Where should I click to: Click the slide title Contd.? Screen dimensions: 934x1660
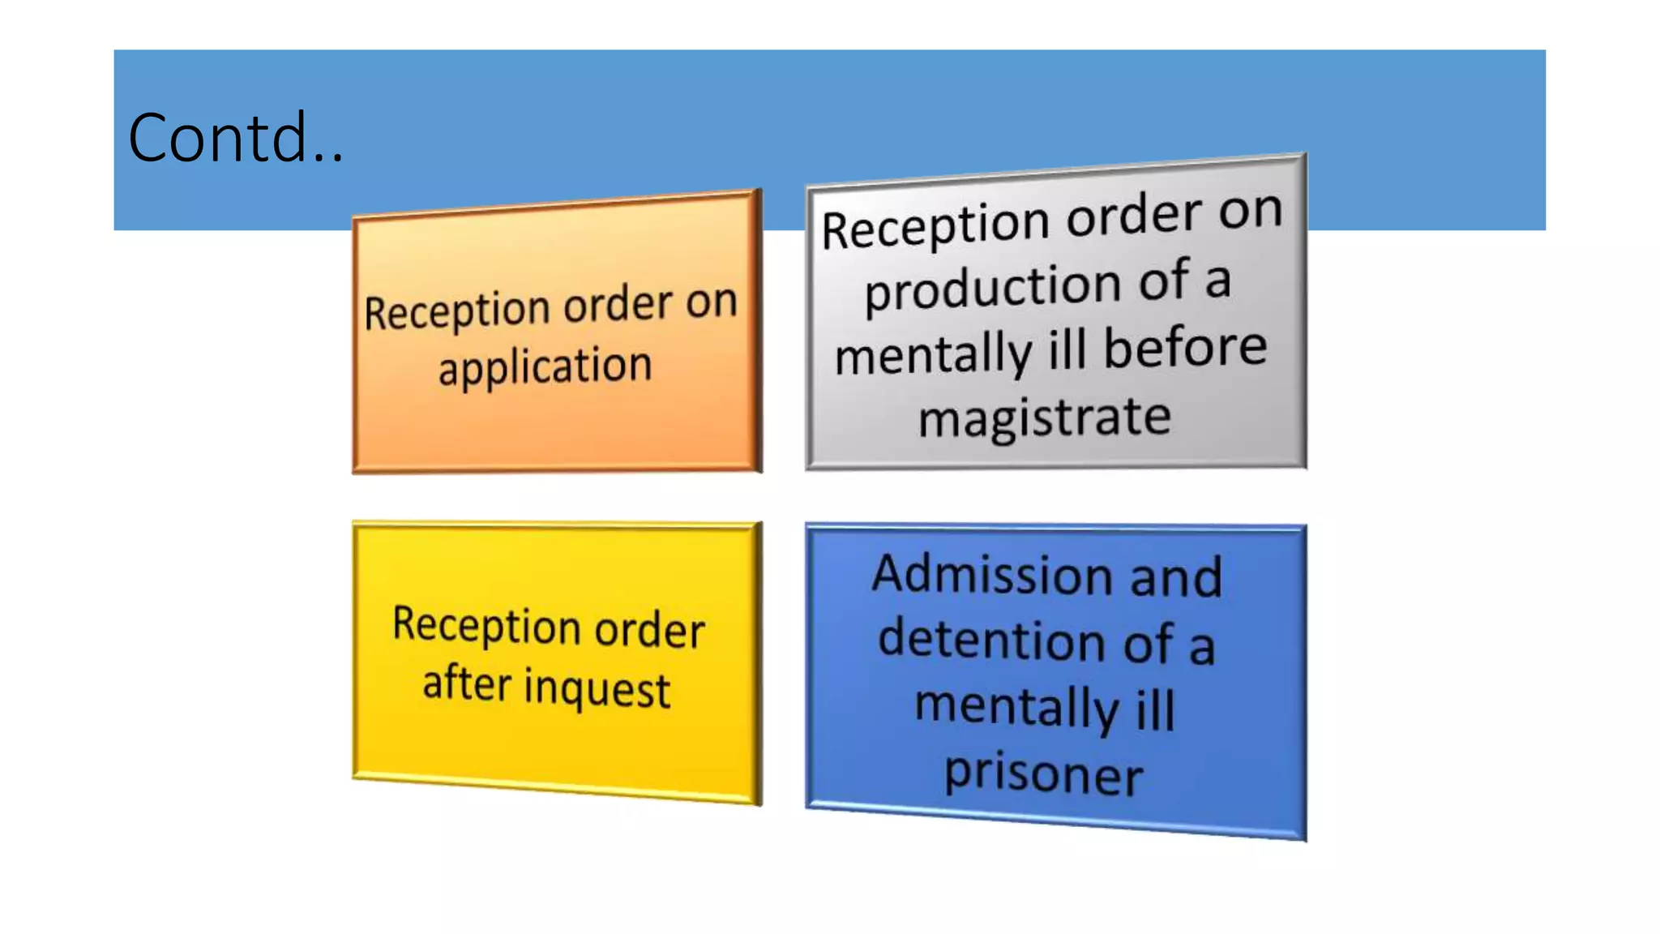pos(235,138)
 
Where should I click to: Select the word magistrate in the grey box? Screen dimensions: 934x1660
pos(1045,418)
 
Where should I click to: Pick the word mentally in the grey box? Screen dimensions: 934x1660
pos(933,355)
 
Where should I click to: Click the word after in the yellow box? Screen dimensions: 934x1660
pos(467,682)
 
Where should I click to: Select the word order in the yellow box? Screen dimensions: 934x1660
pos(649,630)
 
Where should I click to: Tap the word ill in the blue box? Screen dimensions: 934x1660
pos(1155,710)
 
